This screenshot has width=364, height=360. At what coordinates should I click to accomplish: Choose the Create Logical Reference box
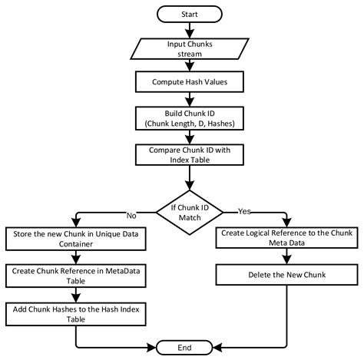286,239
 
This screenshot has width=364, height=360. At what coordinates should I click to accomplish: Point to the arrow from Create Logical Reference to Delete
286,256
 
